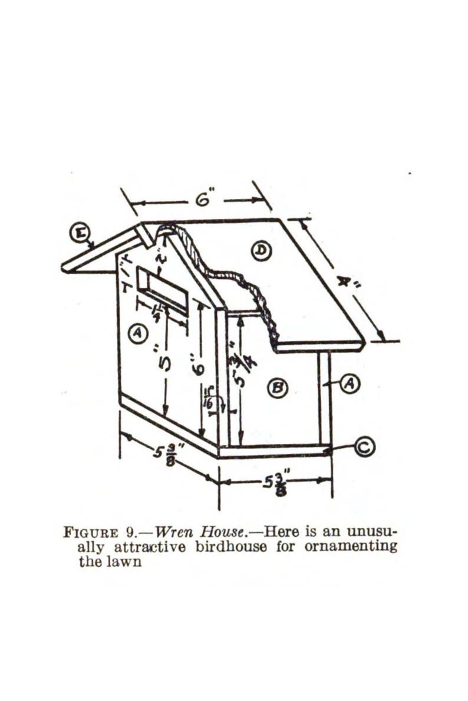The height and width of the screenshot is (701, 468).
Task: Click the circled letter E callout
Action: click(78, 232)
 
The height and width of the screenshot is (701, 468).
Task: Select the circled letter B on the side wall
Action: click(277, 387)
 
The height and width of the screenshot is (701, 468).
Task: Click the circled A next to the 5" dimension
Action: click(137, 334)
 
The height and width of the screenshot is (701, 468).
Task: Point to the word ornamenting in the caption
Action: click(351, 547)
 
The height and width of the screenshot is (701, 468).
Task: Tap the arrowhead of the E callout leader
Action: click(93, 247)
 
